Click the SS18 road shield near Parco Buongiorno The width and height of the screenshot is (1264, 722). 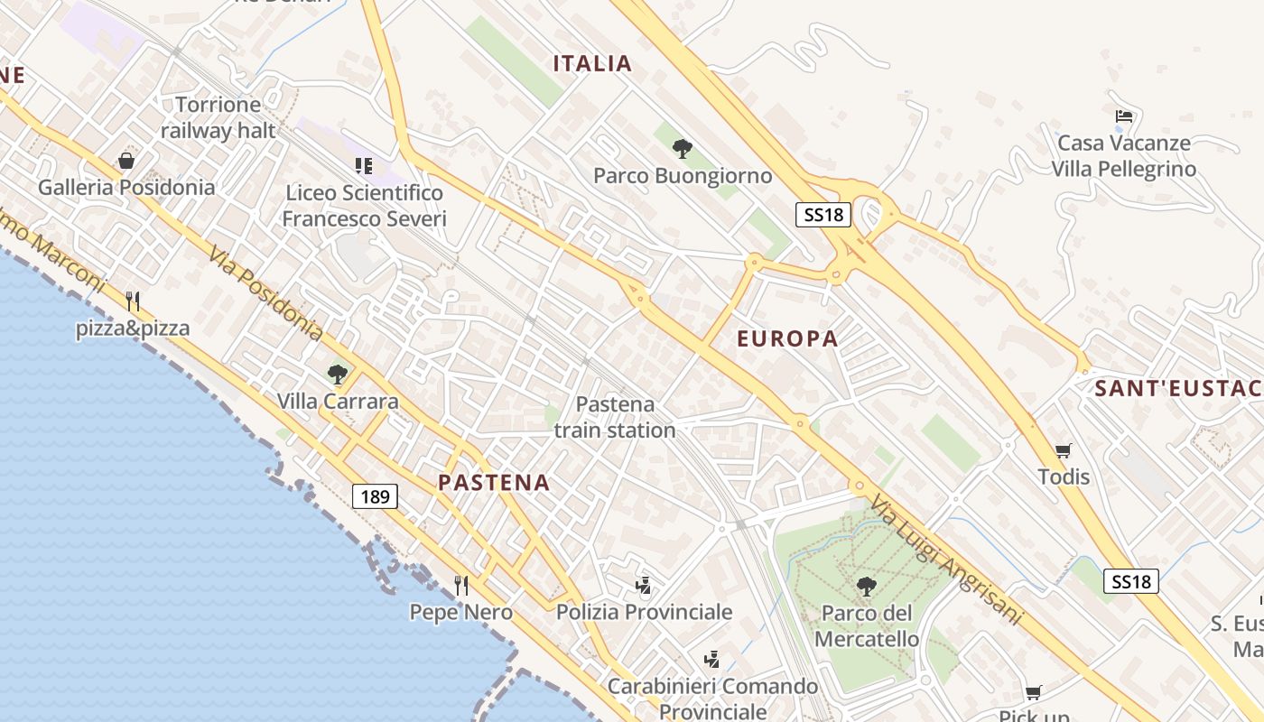[x=823, y=214]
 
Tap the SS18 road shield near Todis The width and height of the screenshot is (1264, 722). [x=1130, y=581]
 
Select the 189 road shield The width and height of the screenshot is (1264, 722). [x=375, y=495]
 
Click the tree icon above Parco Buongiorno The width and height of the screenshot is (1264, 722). [x=683, y=148]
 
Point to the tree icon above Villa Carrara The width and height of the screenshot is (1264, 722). [x=338, y=374]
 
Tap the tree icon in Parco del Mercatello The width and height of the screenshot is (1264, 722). [x=866, y=587]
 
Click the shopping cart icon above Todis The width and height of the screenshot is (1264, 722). [x=1064, y=450]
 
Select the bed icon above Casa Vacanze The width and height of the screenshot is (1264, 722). [x=1124, y=116]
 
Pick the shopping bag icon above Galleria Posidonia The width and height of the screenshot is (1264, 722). [x=126, y=161]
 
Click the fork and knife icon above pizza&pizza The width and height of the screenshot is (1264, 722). [x=133, y=301]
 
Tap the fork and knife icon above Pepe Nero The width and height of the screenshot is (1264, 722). [x=461, y=585]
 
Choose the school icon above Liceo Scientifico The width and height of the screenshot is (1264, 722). [x=364, y=165]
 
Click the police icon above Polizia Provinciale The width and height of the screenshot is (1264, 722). [x=644, y=586]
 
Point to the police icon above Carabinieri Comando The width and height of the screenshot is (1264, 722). [x=712, y=660]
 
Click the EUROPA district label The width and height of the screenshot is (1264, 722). [x=787, y=339]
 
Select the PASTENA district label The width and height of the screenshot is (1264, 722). [x=494, y=483]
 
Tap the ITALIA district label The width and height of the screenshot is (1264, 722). [x=592, y=63]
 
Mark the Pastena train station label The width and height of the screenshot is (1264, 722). [x=615, y=417]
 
